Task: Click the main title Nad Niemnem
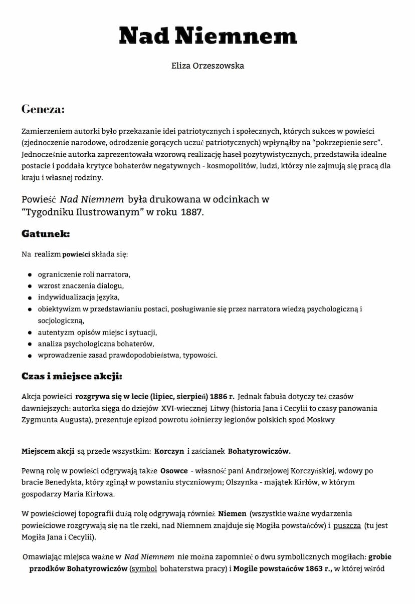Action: pos(207,36)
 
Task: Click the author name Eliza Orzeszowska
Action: pos(207,66)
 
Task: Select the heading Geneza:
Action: pos(43,109)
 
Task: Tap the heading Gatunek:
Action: pos(46,233)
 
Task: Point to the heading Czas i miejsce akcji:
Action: pos(72,376)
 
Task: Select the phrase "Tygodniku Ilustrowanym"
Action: pos(83,212)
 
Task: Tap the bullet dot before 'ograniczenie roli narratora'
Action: pos(30,275)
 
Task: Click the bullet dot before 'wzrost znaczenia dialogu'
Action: pos(30,286)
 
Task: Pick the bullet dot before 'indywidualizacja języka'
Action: pos(30,298)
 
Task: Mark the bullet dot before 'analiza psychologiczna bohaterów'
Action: pos(30,344)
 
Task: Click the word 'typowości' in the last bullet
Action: pos(199,356)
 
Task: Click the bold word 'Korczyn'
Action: pos(169,451)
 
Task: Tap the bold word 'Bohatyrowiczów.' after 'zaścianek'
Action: pos(259,451)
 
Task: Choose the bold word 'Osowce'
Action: pos(174,471)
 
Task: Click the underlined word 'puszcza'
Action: pos(347,526)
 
